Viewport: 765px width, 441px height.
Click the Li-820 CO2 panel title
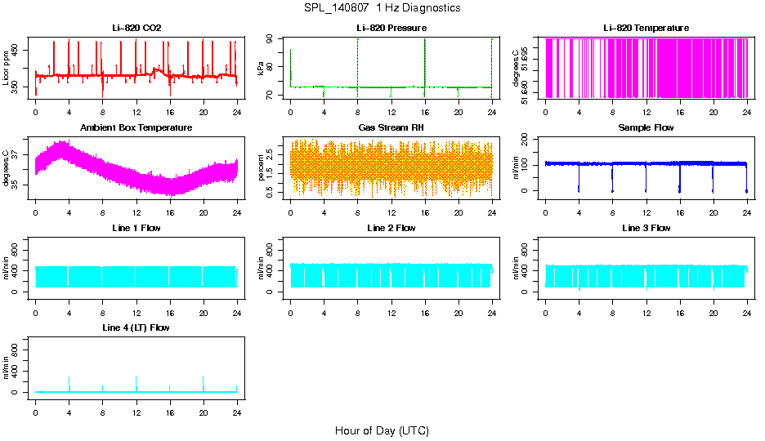tap(136, 29)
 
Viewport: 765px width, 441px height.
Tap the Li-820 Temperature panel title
tap(646, 29)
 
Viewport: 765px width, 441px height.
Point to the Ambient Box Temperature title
tap(136, 128)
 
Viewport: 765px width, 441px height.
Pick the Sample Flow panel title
tap(646, 128)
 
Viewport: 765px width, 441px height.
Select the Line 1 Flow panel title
tap(136, 228)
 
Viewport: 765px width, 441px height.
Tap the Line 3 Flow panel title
tap(646, 228)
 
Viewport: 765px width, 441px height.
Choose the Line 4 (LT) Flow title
tap(136, 327)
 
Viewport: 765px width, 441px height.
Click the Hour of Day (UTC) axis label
tap(382, 430)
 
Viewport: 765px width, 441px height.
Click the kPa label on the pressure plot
tap(262, 69)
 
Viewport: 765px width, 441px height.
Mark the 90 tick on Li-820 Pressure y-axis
tap(273, 38)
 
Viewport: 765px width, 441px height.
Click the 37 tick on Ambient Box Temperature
tap(18, 154)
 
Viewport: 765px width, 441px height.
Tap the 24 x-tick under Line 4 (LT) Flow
tap(237, 404)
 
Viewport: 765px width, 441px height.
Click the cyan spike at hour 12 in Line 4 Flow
tap(136, 382)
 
